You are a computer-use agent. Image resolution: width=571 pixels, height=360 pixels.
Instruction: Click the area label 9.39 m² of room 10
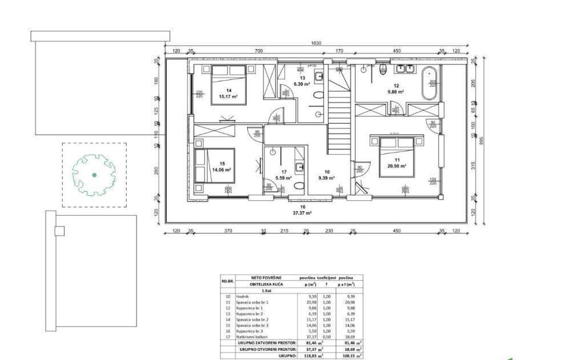click(327, 177)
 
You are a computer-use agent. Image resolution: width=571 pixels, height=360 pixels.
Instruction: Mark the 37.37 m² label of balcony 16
click(303, 212)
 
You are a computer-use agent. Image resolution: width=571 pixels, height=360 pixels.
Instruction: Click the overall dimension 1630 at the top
click(316, 43)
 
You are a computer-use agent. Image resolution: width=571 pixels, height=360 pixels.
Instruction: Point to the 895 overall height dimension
click(481, 140)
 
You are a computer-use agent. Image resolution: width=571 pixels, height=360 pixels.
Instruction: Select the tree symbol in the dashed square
click(94, 174)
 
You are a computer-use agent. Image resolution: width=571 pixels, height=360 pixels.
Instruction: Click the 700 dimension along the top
click(258, 51)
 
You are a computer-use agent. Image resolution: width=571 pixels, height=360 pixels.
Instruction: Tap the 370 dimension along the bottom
click(228, 231)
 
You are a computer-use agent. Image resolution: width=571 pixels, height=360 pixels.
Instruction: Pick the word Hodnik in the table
click(243, 297)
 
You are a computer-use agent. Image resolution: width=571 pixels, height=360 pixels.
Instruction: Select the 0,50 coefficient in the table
click(327, 338)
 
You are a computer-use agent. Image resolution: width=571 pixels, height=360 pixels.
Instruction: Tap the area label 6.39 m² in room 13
click(301, 84)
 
